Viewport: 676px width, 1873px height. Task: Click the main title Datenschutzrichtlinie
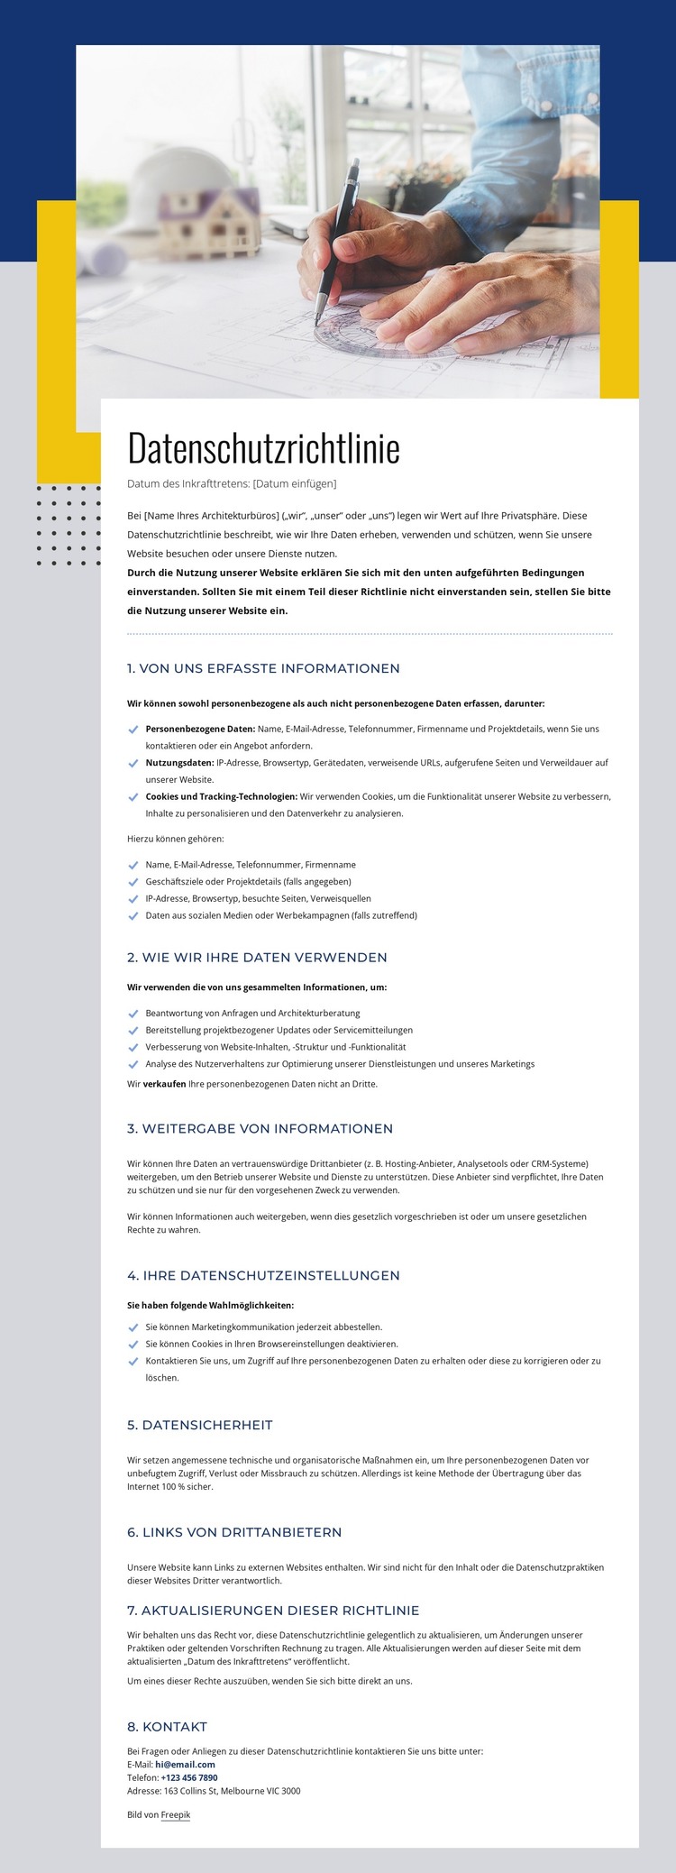(x=263, y=448)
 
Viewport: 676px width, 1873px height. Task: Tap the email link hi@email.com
(x=185, y=1764)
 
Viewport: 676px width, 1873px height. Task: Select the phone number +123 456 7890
(x=189, y=1777)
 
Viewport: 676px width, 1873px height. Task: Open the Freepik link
(x=176, y=1814)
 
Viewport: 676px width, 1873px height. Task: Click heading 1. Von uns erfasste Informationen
(x=263, y=668)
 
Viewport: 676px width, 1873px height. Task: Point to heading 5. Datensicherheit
(x=200, y=1425)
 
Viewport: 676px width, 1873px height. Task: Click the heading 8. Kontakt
(x=168, y=1726)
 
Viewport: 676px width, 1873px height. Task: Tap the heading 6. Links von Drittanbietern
(x=234, y=1531)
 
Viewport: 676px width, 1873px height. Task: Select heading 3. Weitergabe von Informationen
(x=260, y=1128)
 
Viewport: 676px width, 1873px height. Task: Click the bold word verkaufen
(x=165, y=1084)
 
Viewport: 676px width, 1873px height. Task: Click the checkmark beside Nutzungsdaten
(x=133, y=763)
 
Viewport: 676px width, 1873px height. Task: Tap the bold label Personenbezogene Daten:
(x=200, y=729)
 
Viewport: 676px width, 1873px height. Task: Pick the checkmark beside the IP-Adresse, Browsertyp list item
(x=133, y=899)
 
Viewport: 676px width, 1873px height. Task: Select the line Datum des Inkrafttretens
(x=232, y=483)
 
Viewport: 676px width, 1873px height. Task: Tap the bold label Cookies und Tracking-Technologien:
(x=221, y=796)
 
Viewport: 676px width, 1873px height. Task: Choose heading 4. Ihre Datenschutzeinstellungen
(x=263, y=1275)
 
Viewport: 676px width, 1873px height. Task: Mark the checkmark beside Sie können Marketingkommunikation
(x=133, y=1327)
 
